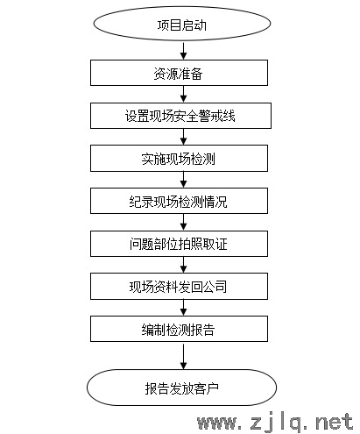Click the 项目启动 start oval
coord(182,24)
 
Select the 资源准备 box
coord(179,73)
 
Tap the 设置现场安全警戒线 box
coord(180,116)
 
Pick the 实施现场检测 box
coord(179,158)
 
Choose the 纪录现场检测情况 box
coord(179,201)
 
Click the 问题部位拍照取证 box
coord(179,244)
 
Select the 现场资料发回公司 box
coord(179,287)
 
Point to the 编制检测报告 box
coord(179,329)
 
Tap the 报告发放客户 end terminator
coord(181,388)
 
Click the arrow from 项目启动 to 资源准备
coord(183,51)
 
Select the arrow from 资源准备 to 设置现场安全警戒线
coord(183,94)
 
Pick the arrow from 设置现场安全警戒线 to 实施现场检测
coord(183,137)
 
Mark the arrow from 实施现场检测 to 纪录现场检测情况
coord(183,180)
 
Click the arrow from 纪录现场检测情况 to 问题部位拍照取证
coord(183,222)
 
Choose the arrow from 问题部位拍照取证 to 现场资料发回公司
coord(183,265)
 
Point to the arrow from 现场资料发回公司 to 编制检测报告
coord(183,308)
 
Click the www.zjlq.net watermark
coord(275,423)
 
